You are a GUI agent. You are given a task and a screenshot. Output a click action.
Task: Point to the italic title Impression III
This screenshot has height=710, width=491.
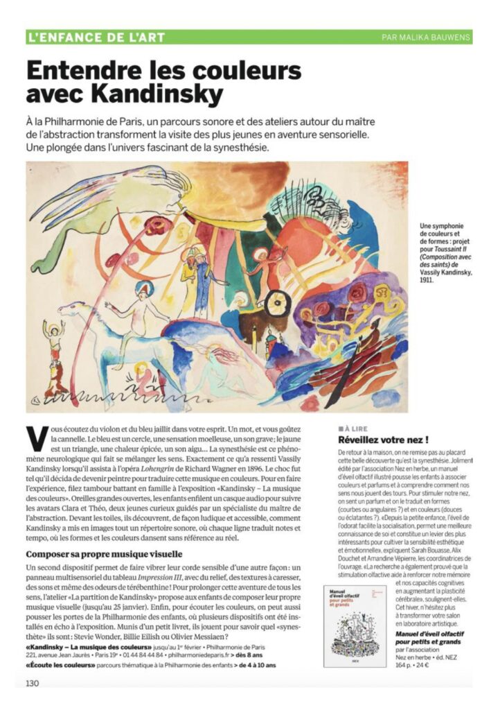pyautogui.click(x=159, y=577)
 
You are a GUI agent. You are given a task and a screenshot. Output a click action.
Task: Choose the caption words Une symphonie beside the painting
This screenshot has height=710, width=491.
pyautogui.click(x=440, y=226)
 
